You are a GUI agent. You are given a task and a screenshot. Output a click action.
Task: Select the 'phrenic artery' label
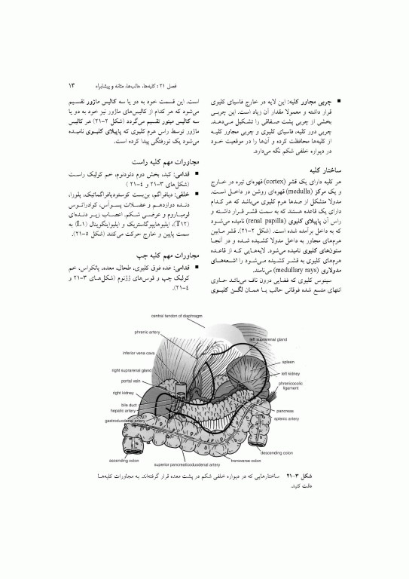click(x=145, y=331)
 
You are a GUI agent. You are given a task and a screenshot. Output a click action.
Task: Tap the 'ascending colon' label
click(x=124, y=459)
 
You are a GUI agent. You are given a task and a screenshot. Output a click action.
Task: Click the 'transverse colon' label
click(x=245, y=460)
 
